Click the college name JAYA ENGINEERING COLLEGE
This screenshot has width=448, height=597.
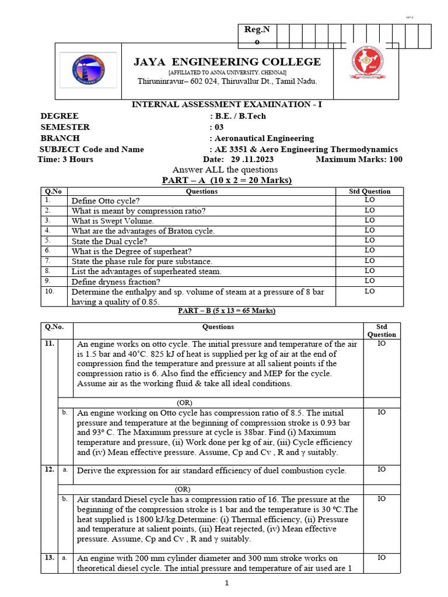coord(228,62)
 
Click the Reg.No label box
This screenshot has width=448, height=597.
coord(257,36)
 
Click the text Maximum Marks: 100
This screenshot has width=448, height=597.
coord(359,159)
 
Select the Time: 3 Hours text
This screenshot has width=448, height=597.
coord(65,159)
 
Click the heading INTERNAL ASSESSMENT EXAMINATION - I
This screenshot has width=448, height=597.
coord(228,105)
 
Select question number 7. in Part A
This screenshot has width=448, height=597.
coord(48,261)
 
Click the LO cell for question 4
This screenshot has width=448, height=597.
coord(369,230)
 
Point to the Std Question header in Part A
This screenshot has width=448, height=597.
coord(369,191)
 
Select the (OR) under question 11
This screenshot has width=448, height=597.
coord(184,402)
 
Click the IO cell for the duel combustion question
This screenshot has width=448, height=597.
coord(381,469)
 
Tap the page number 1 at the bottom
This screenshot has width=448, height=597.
coord(227,584)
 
